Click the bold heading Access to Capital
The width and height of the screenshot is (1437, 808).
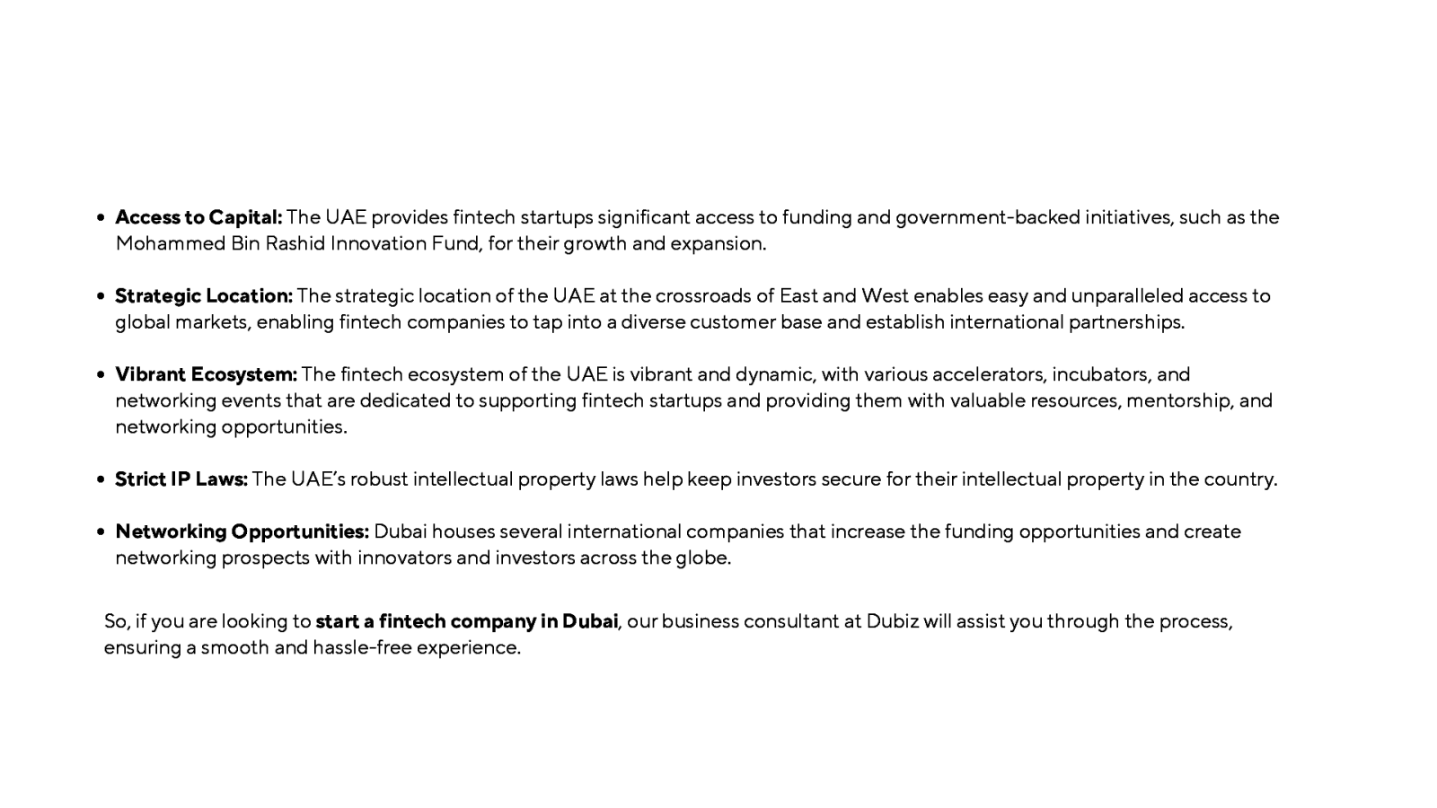pos(198,217)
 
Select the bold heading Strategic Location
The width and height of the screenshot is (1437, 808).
pos(204,295)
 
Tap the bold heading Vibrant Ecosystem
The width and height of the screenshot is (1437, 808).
pos(206,374)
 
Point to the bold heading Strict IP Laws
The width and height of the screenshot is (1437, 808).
pos(181,479)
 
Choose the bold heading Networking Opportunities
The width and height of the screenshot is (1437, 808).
pos(242,531)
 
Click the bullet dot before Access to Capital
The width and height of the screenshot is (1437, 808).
pos(101,218)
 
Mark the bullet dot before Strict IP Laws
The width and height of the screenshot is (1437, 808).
pos(101,480)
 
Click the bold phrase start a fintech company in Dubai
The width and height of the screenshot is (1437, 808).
pos(466,621)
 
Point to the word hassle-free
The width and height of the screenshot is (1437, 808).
pos(362,647)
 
